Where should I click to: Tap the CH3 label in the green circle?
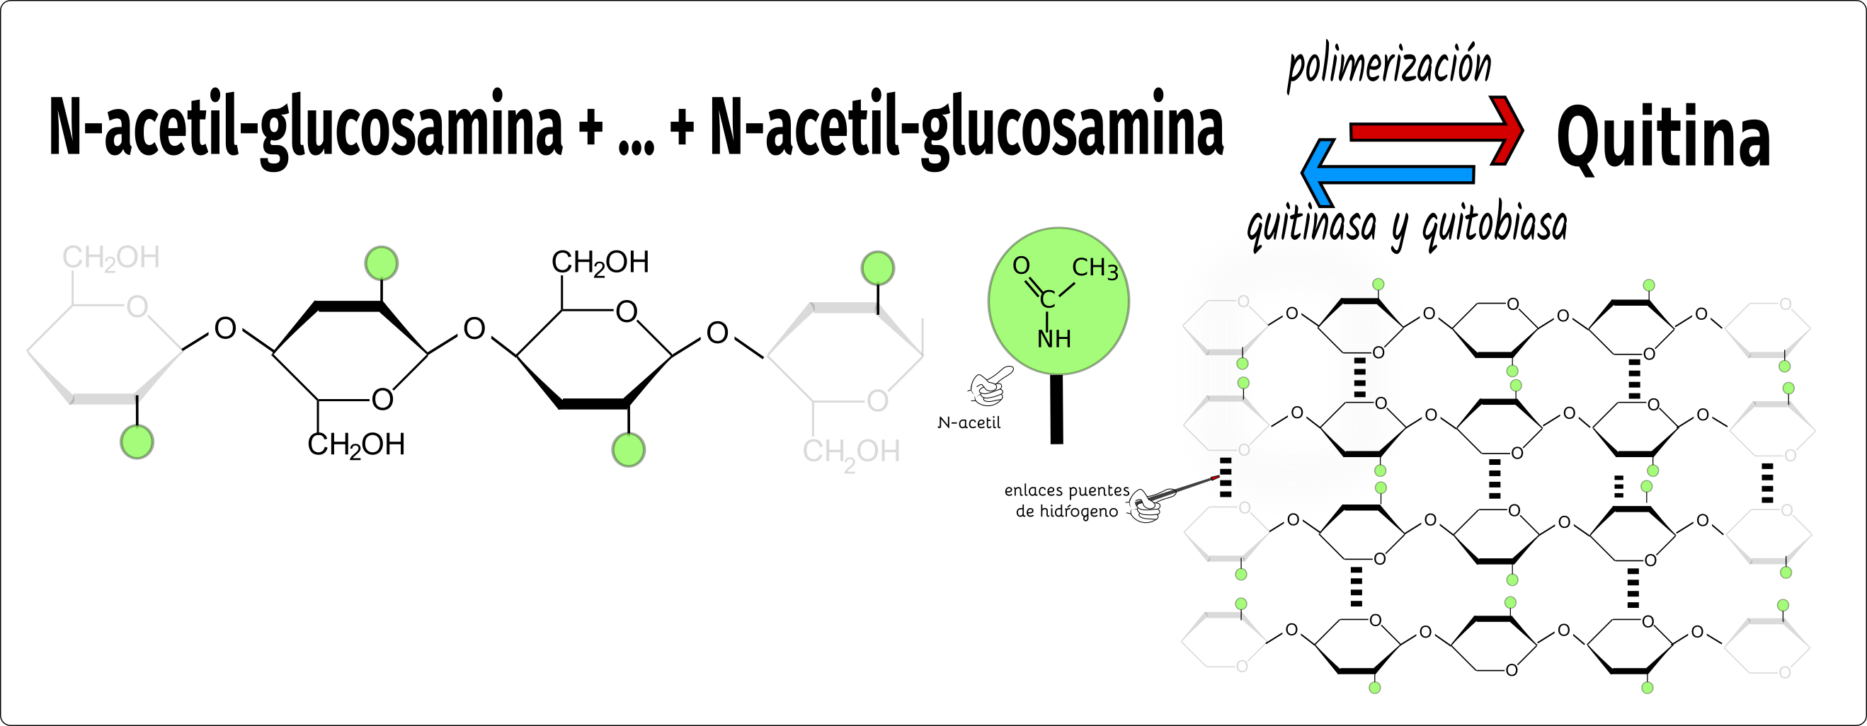pos(1095,269)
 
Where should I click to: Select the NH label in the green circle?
pos(1054,339)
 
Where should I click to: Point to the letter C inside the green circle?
pos(1047,299)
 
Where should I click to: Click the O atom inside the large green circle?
pos(1020,266)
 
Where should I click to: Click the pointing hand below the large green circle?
pos(988,388)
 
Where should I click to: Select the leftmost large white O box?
pos(225,328)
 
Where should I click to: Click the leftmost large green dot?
pos(137,442)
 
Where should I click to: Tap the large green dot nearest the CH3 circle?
pos(878,269)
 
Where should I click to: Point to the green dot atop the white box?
pos(1378,284)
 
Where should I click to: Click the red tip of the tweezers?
pos(1215,478)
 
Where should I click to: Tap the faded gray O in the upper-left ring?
pos(1243,301)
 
